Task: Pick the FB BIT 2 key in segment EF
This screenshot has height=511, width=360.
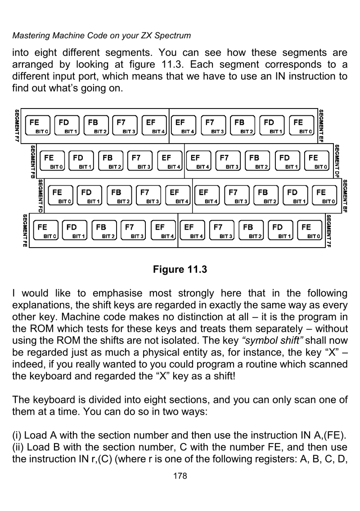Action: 242,126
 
